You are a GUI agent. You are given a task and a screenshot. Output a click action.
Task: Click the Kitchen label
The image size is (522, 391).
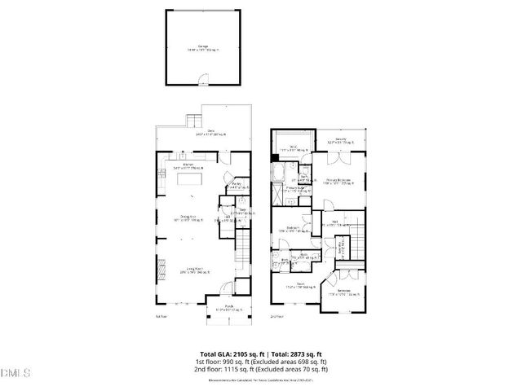click(x=188, y=165)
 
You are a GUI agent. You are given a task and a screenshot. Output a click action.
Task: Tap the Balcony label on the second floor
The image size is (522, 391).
click(x=341, y=140)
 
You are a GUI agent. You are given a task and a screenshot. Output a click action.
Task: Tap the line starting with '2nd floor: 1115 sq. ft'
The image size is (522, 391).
click(x=260, y=368)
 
